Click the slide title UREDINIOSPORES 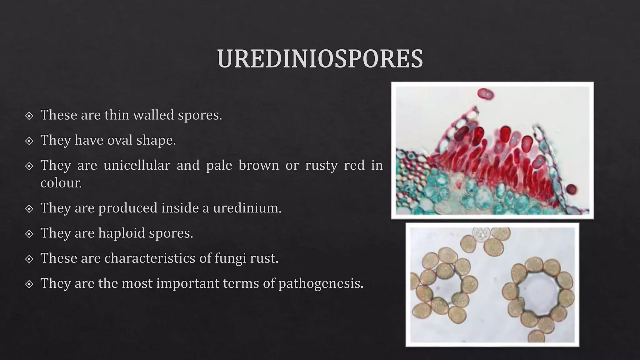pos(320,58)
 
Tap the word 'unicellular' pos(137,165)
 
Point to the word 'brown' pos(258,165)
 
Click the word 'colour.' pos(61,183)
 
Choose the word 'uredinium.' pos(247,208)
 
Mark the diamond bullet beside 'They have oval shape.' pos(29,141)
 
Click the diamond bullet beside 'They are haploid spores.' pos(29,234)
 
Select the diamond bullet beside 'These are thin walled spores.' pos(29,116)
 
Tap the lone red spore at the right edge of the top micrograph pos(571,189)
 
